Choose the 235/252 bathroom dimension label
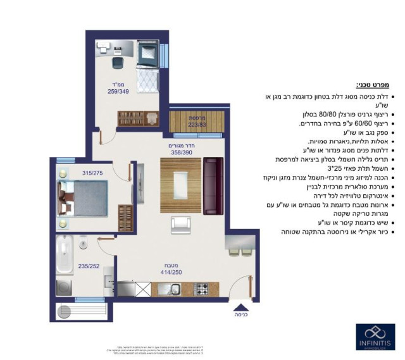[x=87, y=266]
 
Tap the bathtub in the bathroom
[x=65, y=251]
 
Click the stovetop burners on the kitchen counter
[x=202, y=289]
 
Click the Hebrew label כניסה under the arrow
[x=240, y=314]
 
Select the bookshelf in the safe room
[x=134, y=118]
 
